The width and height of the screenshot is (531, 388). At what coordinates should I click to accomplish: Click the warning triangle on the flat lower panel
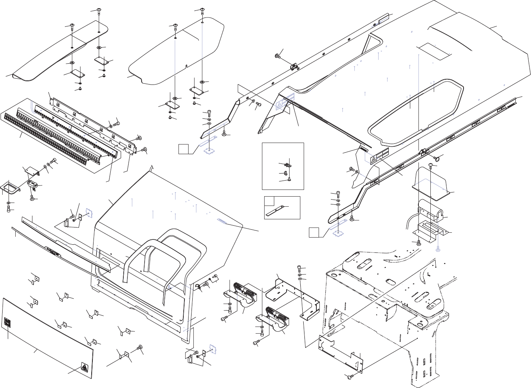[x=84, y=368]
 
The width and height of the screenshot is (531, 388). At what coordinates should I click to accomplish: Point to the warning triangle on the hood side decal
[x=374, y=159]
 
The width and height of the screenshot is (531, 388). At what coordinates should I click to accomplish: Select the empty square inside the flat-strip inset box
[x=269, y=201]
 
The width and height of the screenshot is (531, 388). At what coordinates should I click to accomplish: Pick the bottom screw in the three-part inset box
[x=289, y=180]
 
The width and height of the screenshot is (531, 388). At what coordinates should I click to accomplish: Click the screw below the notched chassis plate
[x=350, y=377]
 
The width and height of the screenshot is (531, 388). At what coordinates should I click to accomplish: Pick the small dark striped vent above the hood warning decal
[x=363, y=148]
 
